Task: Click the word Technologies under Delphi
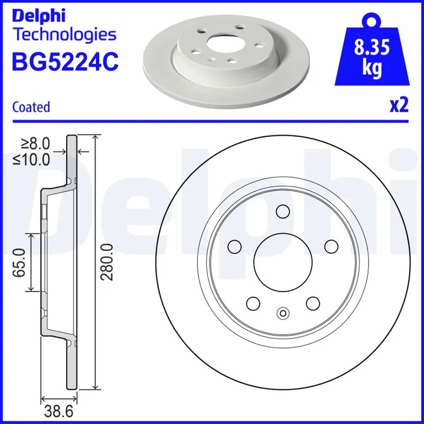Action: point(64,34)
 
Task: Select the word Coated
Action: point(31,107)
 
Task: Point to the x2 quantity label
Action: point(399,105)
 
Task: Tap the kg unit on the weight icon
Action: point(371,68)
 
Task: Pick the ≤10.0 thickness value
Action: point(33,160)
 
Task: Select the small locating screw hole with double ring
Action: point(283,313)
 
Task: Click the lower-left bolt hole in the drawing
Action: point(253,303)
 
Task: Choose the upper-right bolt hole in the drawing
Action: point(331,246)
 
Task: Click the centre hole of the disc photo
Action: point(224,45)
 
